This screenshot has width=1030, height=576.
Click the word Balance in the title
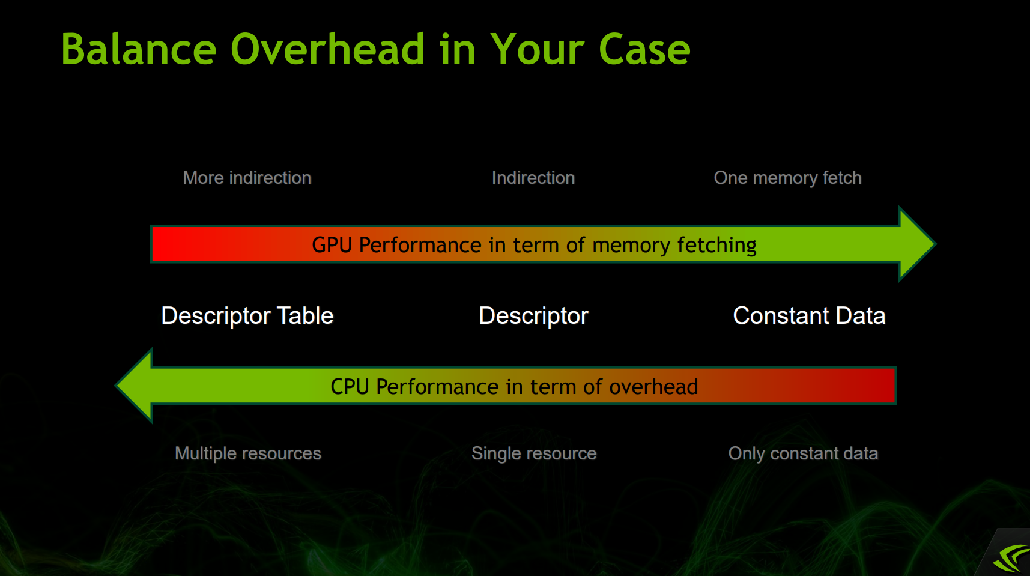click(139, 49)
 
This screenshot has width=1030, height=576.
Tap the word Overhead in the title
click(328, 49)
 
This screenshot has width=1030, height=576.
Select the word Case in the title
click(644, 49)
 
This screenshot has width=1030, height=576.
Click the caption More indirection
click(247, 178)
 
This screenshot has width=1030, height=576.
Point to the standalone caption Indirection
click(533, 178)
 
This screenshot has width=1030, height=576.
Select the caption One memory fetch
click(787, 178)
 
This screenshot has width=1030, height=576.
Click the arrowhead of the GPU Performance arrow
click(916, 244)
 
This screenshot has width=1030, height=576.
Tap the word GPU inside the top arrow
click(332, 245)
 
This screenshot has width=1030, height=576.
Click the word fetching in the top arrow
click(716, 245)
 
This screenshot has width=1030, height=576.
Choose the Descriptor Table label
click(247, 316)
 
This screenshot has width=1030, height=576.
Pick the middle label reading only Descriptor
click(533, 316)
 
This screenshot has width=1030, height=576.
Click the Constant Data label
click(809, 316)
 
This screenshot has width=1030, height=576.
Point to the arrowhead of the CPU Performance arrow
click(134, 386)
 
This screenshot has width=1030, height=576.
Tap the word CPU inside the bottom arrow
click(350, 387)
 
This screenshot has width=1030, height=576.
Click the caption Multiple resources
click(248, 453)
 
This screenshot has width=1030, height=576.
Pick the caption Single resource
click(534, 453)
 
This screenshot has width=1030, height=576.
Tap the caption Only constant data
click(803, 453)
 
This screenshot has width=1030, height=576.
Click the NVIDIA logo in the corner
click(1010, 557)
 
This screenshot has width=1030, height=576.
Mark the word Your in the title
click(538, 49)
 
